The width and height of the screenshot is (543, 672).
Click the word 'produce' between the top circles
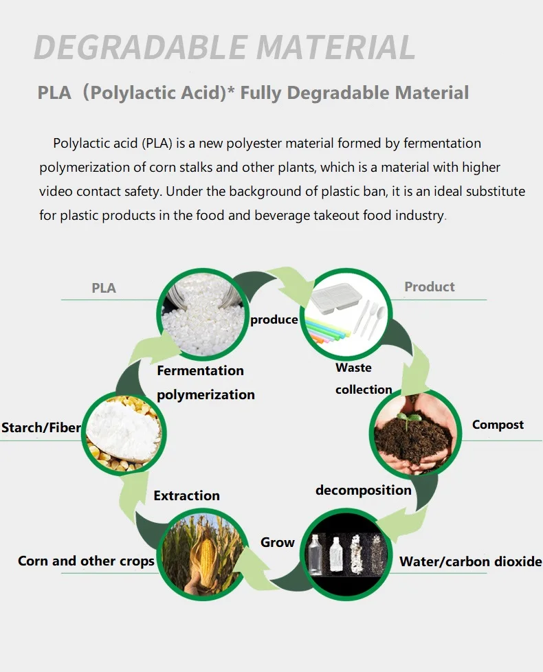coord(274,320)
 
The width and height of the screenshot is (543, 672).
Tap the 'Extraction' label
coord(186,495)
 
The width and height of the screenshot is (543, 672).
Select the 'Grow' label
coord(277,542)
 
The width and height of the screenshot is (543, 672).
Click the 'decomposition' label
coord(363,490)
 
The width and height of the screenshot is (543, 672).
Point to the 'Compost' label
coord(498,425)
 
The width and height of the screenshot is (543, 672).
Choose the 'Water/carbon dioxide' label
coord(471,561)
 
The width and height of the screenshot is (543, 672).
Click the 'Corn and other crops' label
coord(86,561)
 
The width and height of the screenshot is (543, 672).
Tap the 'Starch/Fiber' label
coord(41,428)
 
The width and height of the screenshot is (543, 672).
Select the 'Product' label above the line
coord(430,287)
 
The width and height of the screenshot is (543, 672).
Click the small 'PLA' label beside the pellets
coord(104,288)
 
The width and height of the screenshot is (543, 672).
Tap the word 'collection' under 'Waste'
coord(364,390)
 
